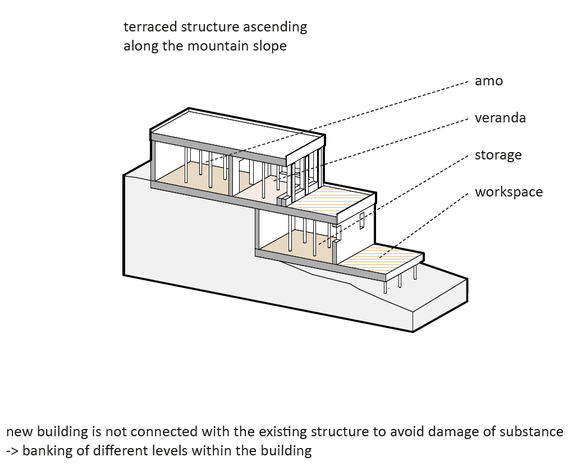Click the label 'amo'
[x=488, y=81]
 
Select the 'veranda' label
[x=500, y=118]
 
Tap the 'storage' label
[x=498, y=155]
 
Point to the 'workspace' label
[x=509, y=192]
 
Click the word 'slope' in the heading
[x=271, y=46]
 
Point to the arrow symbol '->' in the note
[x=12, y=451]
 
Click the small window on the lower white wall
[x=362, y=220]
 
